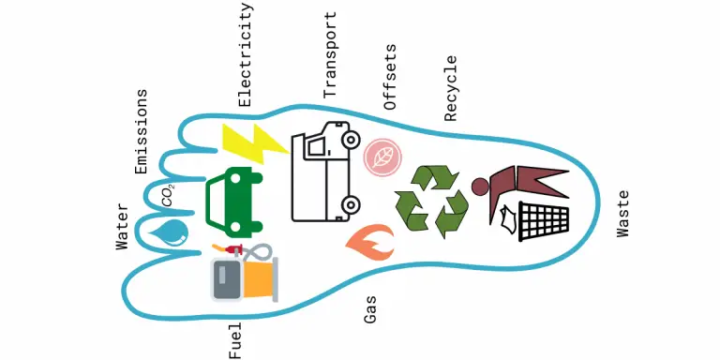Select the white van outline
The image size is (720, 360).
click(x=324, y=172)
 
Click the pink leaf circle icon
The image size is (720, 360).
click(x=382, y=157)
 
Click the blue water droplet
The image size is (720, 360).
click(x=172, y=232)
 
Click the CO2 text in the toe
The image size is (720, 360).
click(x=167, y=194)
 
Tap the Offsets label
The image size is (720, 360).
click(x=391, y=78)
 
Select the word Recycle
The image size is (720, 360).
click(x=451, y=88)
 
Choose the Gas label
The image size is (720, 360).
click(x=370, y=308)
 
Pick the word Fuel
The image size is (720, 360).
click(x=235, y=338)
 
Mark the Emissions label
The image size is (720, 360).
click(x=142, y=131)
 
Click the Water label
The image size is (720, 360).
click(x=122, y=225)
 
